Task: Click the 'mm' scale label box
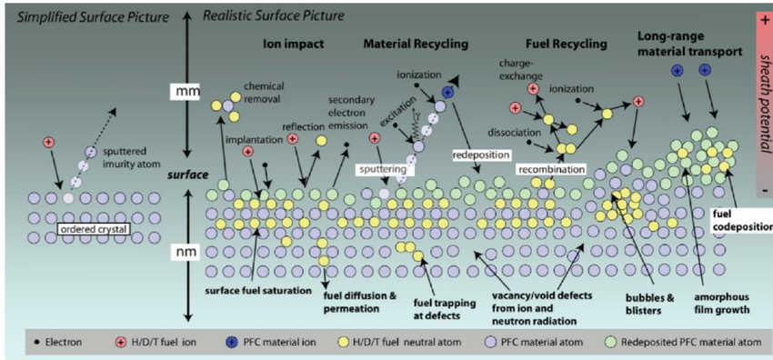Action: (185, 93)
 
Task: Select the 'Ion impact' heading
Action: (287, 43)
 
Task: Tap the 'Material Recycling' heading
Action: (416, 43)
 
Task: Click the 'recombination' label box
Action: (551, 169)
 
